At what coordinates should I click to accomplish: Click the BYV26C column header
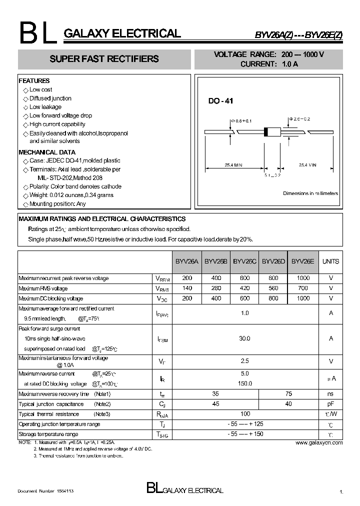[x=245, y=261]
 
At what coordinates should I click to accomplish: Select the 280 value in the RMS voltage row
[x=216, y=288]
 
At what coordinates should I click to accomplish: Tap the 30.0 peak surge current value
[x=244, y=338]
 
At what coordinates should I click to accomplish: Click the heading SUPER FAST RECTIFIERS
[x=104, y=59]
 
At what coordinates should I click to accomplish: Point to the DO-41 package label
[x=220, y=101]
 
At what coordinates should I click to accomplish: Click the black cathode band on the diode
[x=266, y=132]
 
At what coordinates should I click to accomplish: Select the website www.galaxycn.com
[x=318, y=442]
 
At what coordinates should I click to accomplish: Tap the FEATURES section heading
[x=34, y=80]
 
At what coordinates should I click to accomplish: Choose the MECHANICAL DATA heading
[x=47, y=152]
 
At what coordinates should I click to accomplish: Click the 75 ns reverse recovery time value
[x=287, y=394]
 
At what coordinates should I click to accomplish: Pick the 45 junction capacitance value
[x=216, y=404]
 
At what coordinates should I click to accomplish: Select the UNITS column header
[x=330, y=261]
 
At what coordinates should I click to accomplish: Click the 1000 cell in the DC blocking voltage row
[x=302, y=298]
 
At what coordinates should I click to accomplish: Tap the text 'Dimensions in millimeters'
[x=310, y=193]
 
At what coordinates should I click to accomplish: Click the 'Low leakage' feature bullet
[x=45, y=107]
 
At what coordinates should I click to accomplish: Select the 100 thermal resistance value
[x=244, y=414]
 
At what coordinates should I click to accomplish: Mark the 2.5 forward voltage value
[x=244, y=361]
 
